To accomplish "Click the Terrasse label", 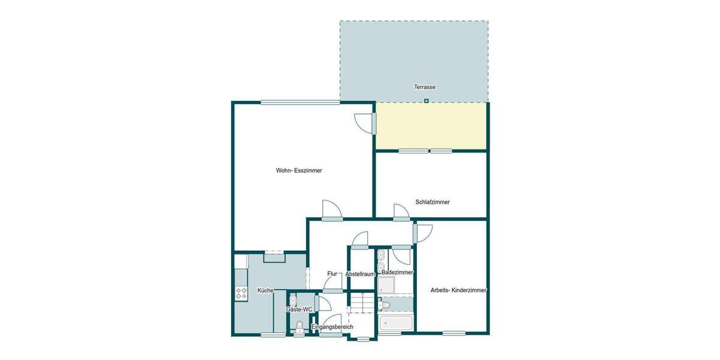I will (424, 87).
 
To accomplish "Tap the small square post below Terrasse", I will (426, 101).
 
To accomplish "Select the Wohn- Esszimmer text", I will (299, 170).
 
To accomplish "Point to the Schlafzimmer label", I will (432, 202).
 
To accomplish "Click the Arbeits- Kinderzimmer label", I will (458, 290).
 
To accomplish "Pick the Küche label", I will (265, 290).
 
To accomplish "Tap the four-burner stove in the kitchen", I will (242, 293).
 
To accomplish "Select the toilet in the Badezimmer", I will (386, 305).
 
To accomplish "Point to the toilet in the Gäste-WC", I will (299, 327).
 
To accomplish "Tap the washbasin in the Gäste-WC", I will (292, 299).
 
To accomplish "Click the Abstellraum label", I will (360, 274).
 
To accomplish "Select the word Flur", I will (332, 274).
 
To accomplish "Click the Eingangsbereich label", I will (332, 326).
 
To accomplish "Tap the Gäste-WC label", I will (299, 310).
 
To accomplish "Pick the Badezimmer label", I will (397, 272).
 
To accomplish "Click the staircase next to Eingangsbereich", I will (362, 302).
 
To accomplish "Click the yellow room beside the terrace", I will (430, 125).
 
